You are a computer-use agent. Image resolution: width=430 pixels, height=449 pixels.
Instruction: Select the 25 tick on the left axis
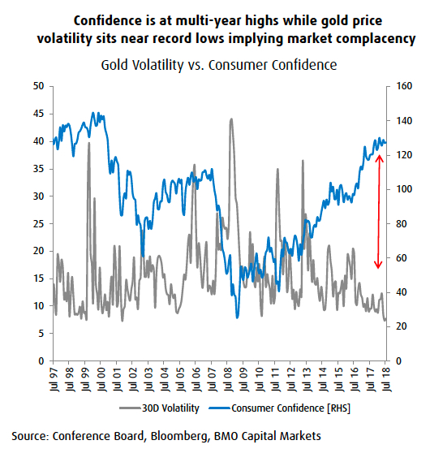pos(38,223)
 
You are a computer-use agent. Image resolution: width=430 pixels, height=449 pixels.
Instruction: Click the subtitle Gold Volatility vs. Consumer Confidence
pos(218,64)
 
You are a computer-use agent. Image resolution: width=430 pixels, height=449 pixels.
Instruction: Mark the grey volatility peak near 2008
pos(231,119)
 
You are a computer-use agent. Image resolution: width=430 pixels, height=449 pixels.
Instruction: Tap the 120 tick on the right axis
pos(401,154)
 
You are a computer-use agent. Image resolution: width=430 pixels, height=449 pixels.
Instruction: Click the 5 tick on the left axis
pos(41,334)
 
